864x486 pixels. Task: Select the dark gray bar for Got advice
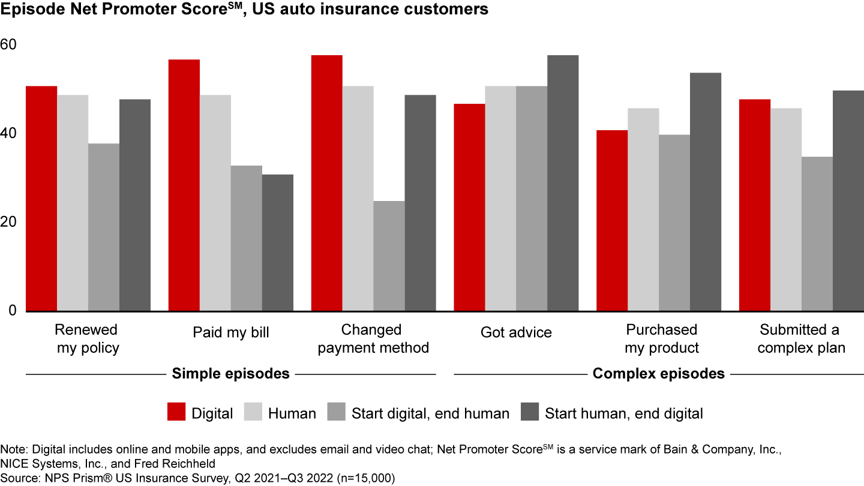(x=563, y=183)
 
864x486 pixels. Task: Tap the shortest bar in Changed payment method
(x=389, y=256)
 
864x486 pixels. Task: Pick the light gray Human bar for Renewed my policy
(x=73, y=203)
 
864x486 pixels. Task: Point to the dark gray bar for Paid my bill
(x=277, y=242)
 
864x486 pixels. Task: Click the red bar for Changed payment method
(x=326, y=183)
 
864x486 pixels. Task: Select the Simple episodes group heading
(x=231, y=374)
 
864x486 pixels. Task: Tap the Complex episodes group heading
(x=658, y=374)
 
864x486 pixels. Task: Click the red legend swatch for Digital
(x=175, y=413)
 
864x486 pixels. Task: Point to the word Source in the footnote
(x=19, y=478)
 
